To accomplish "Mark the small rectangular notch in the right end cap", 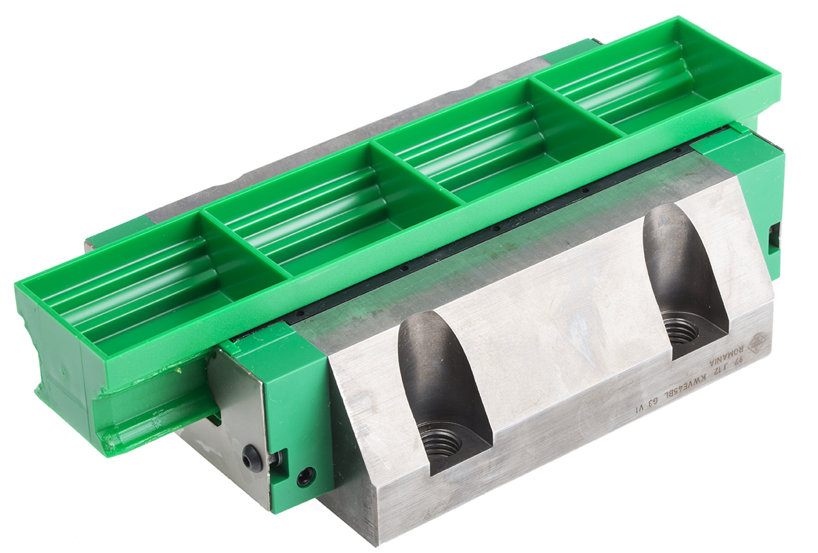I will coord(775,236).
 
